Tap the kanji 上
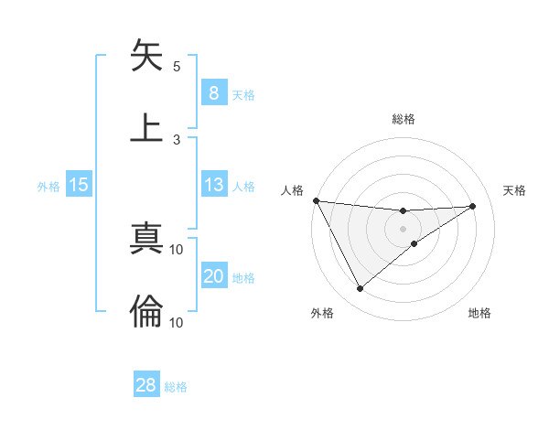[x=146, y=127]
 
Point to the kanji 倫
[x=146, y=311]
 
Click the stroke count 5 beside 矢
[x=177, y=66]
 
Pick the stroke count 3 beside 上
[x=177, y=139]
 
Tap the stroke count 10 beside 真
[x=177, y=249]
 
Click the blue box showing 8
[x=213, y=93]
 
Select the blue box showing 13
[x=213, y=185]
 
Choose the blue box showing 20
[x=213, y=276]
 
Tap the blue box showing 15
[x=79, y=185]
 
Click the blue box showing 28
[x=146, y=385]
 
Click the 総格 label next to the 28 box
[x=177, y=387]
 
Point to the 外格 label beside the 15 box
[x=48, y=186]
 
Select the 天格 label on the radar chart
[x=514, y=190]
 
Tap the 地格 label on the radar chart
[x=479, y=313]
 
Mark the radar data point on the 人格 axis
[x=316, y=200]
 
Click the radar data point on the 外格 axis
[x=360, y=288]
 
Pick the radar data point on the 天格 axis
[x=472, y=206]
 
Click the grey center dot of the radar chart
[x=403, y=229]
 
